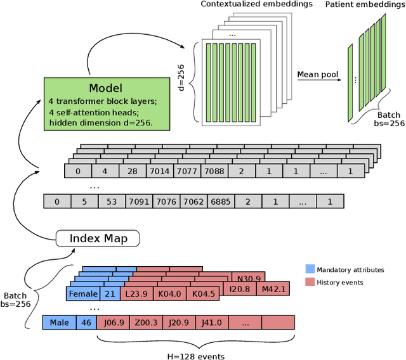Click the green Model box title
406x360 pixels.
click(x=105, y=88)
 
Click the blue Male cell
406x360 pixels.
click(x=58, y=322)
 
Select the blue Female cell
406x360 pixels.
click(x=83, y=294)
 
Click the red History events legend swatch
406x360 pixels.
click(x=310, y=282)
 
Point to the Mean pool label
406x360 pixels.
click(x=317, y=74)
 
